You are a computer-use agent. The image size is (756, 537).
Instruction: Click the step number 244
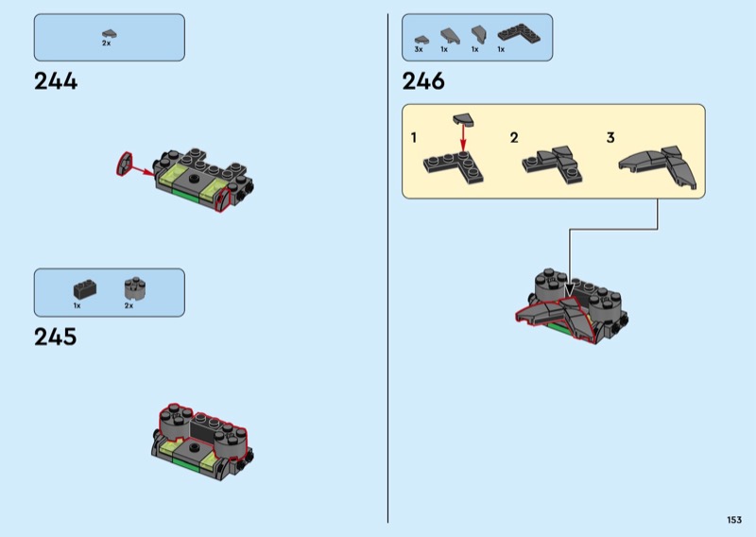(x=56, y=81)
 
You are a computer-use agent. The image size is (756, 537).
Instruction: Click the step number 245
(x=56, y=337)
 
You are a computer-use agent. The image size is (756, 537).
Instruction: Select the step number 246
(x=423, y=81)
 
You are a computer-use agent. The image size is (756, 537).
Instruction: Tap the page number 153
(x=734, y=519)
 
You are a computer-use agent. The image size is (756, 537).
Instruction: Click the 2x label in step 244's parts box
(x=107, y=44)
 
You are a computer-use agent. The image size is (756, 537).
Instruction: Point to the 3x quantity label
(x=419, y=48)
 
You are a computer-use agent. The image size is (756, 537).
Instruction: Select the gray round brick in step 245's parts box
(x=130, y=288)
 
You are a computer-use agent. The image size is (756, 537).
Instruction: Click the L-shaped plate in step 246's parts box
(x=514, y=33)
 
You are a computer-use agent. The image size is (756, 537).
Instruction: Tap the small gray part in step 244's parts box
(x=109, y=33)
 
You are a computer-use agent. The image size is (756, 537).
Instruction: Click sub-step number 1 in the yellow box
(x=414, y=138)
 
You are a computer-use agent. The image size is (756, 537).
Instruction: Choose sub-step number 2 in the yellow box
(x=514, y=138)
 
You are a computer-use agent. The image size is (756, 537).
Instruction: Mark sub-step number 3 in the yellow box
(x=610, y=138)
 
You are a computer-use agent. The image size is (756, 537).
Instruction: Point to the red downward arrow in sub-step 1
(x=464, y=138)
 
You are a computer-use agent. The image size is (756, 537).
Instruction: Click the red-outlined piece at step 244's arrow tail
(x=123, y=163)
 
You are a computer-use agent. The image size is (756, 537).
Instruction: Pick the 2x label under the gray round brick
(x=129, y=305)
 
